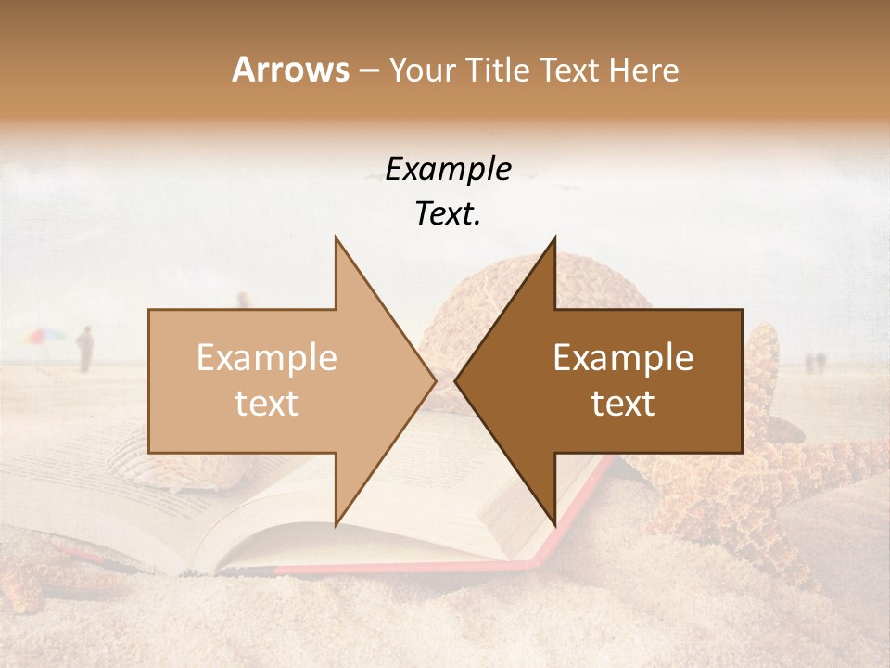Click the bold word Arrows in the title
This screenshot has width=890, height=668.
pyautogui.click(x=290, y=70)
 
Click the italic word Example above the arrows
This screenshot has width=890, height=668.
pyautogui.click(x=448, y=169)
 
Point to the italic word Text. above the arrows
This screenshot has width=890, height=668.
pyautogui.click(x=448, y=213)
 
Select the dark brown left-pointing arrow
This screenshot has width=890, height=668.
pyautogui.click(x=630, y=380)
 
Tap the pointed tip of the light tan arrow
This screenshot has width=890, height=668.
pyautogui.click(x=433, y=380)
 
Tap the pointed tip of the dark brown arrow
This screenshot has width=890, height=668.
pyautogui.click(x=458, y=380)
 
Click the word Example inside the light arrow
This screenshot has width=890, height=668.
pyautogui.click(x=267, y=358)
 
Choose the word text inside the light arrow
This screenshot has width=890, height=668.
pyautogui.click(x=267, y=404)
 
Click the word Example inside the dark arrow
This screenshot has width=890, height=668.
pyautogui.click(x=623, y=358)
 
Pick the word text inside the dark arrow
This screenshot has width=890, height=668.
pyautogui.click(x=623, y=404)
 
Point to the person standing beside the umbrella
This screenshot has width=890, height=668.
pyautogui.click(x=85, y=349)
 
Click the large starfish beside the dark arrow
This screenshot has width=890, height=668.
pyautogui.click(x=779, y=464)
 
